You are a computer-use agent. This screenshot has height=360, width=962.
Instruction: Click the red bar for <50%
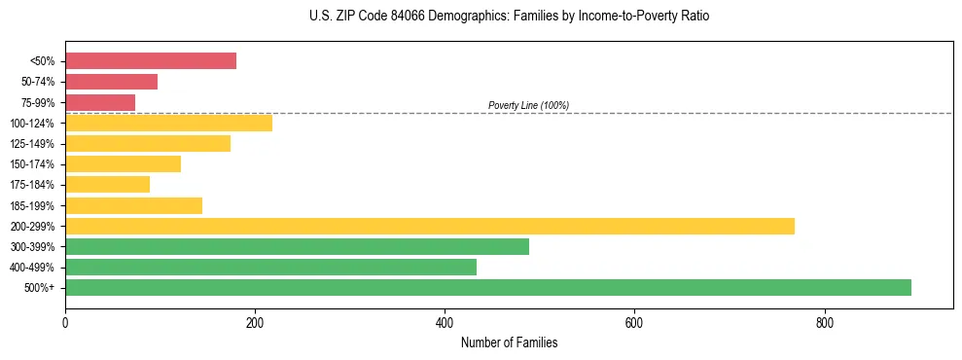[x=151, y=60]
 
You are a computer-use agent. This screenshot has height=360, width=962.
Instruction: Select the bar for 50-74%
[x=111, y=82]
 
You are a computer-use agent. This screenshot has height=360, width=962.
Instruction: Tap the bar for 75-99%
[x=100, y=102]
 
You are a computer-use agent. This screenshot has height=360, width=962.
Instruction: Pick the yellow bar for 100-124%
[x=168, y=123]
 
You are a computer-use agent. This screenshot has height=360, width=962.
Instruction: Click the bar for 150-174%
[x=123, y=163]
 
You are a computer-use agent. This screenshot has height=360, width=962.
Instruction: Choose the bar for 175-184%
[x=107, y=184]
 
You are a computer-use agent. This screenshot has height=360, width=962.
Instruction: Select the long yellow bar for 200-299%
[x=429, y=226]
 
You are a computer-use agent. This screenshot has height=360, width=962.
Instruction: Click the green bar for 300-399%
[x=297, y=246]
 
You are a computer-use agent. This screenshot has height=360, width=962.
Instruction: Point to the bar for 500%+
[x=487, y=287]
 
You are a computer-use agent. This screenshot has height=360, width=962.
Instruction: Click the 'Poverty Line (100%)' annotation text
[x=528, y=105]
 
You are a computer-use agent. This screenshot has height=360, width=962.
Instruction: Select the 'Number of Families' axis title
[x=509, y=342]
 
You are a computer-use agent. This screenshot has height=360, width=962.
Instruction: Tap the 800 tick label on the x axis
[x=824, y=322]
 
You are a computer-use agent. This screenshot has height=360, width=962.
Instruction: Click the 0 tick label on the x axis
[x=65, y=322]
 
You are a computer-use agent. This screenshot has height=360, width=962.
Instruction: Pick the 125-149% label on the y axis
[x=32, y=144]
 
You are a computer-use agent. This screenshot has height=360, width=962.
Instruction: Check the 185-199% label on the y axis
[x=32, y=205]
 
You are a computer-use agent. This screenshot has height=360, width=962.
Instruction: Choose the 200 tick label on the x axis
[x=255, y=322]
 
